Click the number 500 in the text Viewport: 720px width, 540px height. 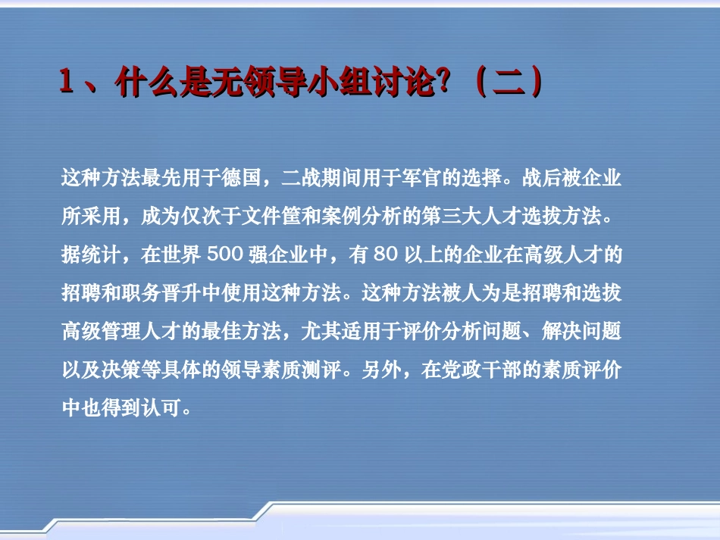pos(224,255)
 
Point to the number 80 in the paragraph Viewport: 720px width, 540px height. pos(386,255)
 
